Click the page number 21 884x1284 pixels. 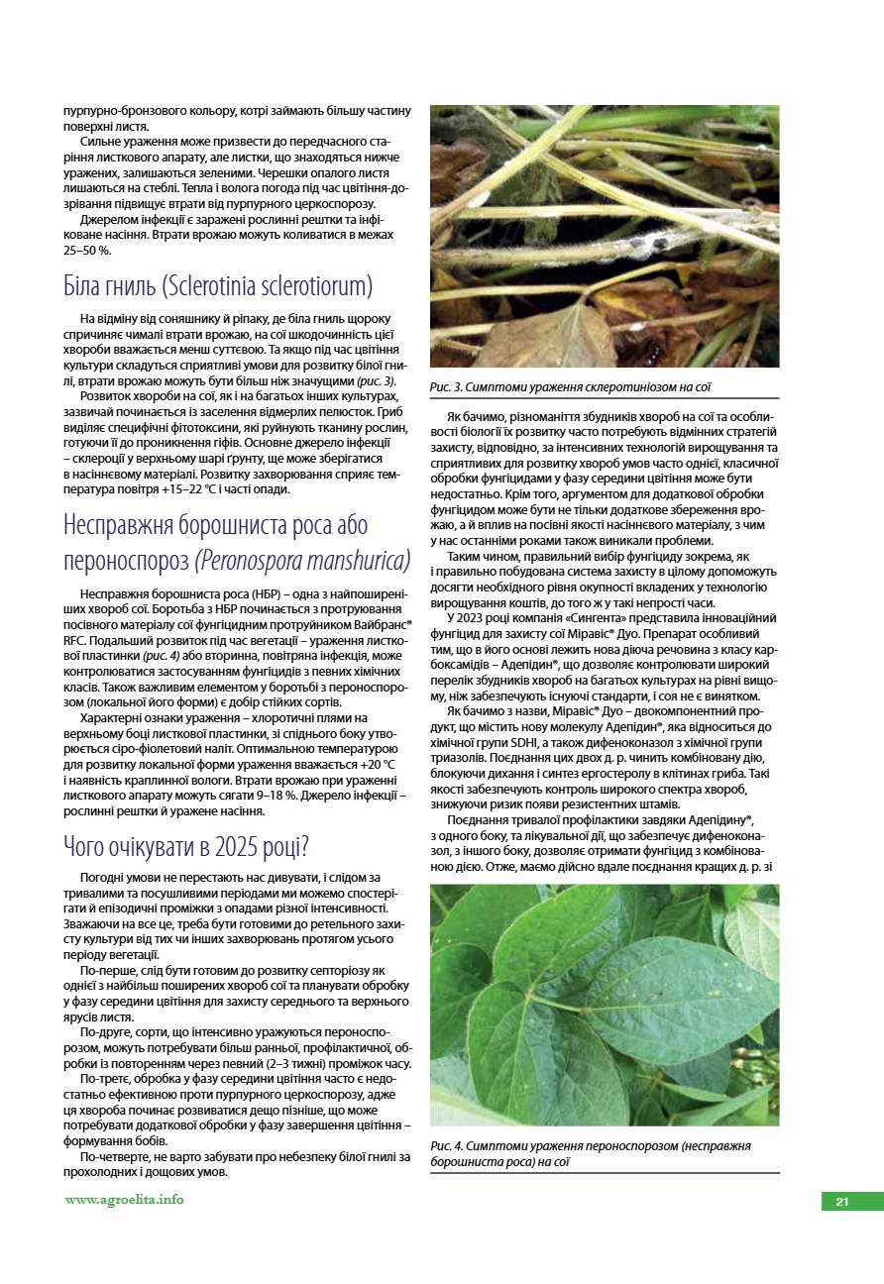click(842, 1202)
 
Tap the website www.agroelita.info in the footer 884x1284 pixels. click(124, 1199)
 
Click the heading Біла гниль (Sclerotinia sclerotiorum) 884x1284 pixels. click(217, 286)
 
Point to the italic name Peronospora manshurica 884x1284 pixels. click(304, 560)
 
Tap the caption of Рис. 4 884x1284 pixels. click(591, 1153)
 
